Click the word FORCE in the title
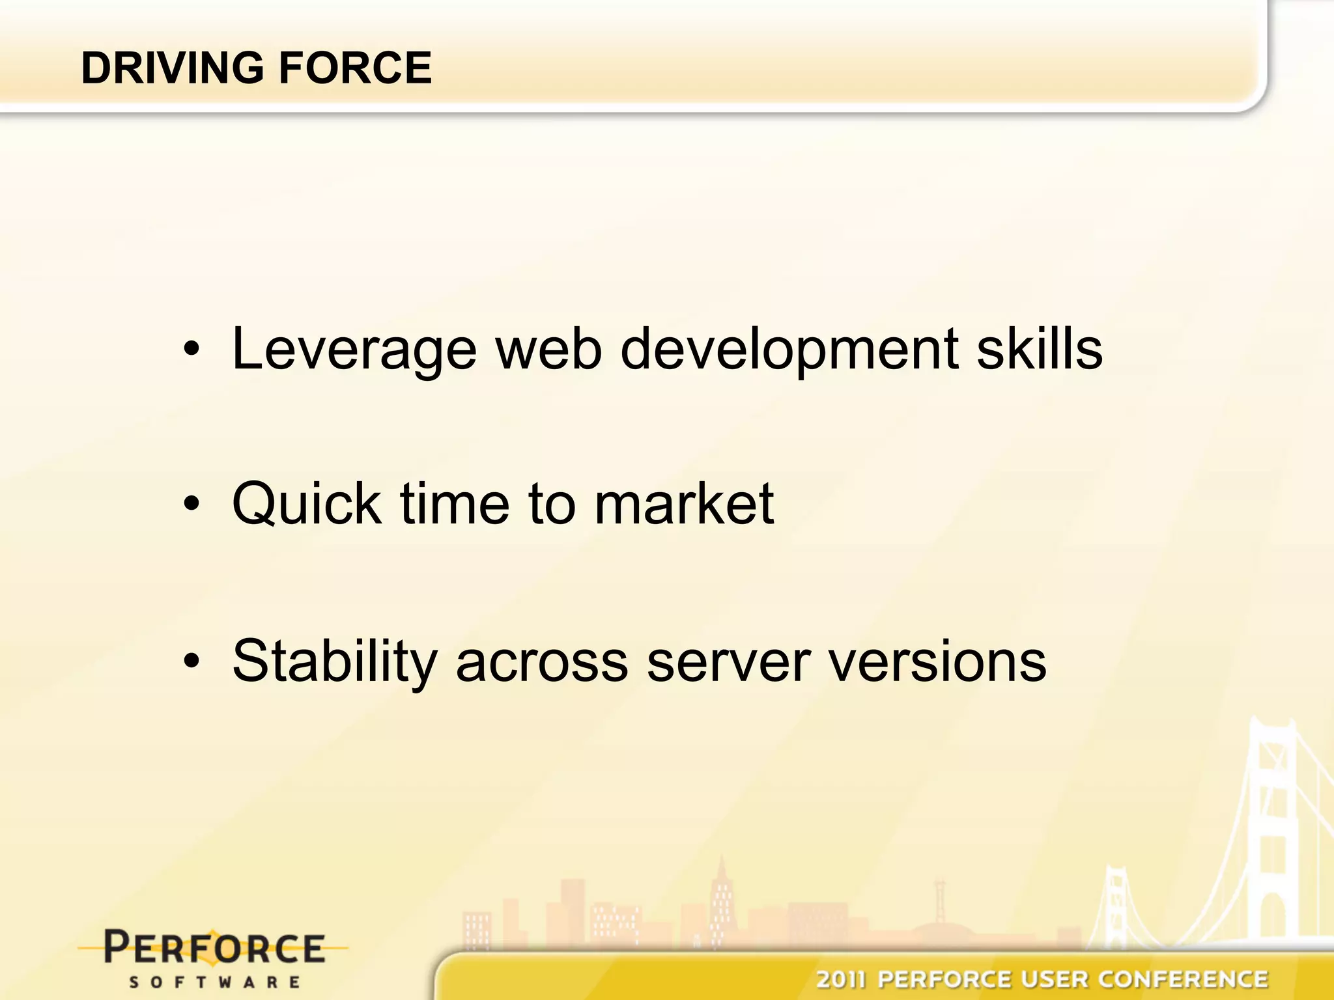[x=355, y=68]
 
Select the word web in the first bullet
[x=548, y=350]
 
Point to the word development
[x=789, y=350]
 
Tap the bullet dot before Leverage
[x=191, y=350]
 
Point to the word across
[x=542, y=663]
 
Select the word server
[x=729, y=663]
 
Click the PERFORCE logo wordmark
[x=214, y=948]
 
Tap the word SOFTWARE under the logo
[x=214, y=982]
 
